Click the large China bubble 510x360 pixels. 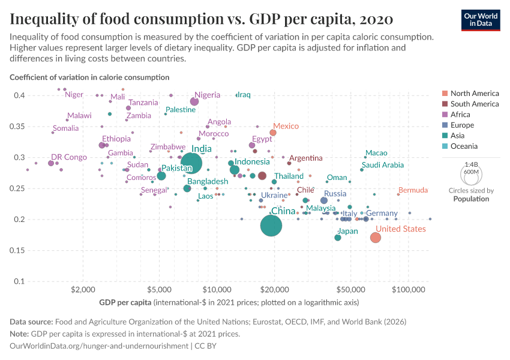click(272, 226)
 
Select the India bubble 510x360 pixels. click(191, 163)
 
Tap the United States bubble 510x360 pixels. click(376, 238)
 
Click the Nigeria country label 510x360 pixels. click(208, 95)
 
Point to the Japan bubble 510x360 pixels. click(338, 238)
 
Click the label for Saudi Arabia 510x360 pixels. click(383, 165)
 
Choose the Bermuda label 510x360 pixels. click(413, 190)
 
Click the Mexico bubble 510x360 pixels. click(273, 132)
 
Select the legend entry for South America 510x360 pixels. click(474, 104)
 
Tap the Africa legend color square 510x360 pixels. click(444, 115)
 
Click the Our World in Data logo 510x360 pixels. click(481, 18)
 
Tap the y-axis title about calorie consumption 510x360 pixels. click(89, 77)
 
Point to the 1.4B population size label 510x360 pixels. click(471, 164)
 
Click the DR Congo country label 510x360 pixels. click(69, 157)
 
